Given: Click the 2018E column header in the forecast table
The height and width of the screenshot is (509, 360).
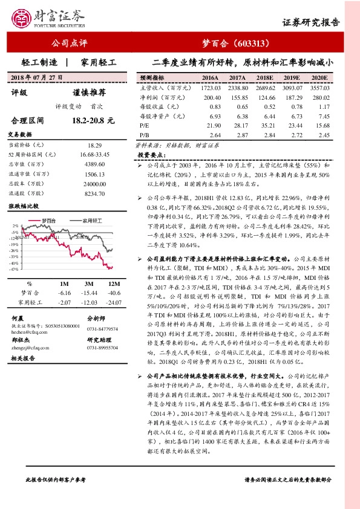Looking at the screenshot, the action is coord(264,78).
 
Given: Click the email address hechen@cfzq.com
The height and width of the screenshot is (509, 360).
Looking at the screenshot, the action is coord(30,332).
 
